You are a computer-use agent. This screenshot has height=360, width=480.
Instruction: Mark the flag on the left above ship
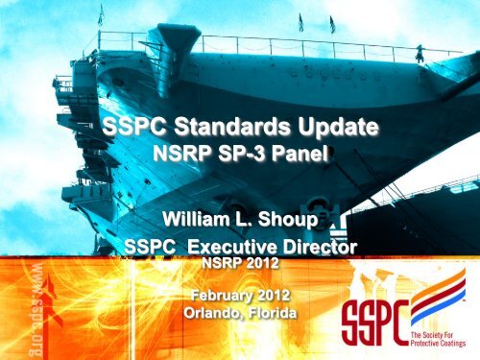point(99,14)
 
